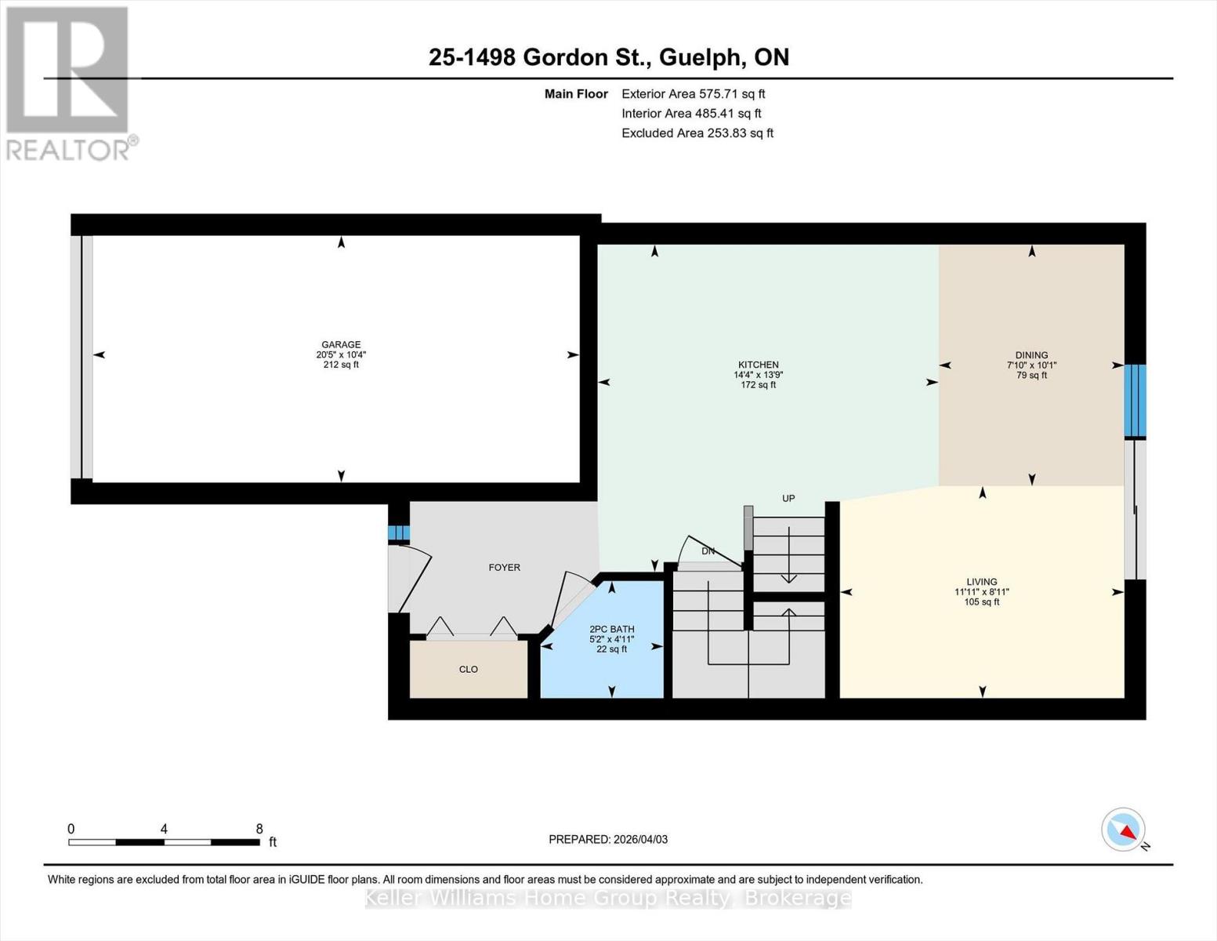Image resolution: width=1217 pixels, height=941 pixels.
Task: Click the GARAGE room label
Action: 341,344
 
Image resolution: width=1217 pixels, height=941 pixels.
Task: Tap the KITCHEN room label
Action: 758,365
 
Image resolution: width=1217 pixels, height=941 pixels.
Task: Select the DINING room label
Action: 1031,355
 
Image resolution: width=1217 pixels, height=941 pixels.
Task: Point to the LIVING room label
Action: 981,582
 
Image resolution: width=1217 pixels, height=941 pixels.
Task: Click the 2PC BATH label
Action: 611,629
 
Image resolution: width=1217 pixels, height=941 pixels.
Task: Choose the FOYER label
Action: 504,567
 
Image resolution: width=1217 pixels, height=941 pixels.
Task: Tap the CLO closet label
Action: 468,669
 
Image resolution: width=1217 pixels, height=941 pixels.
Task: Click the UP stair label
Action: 788,498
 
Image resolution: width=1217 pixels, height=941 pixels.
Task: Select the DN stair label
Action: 708,551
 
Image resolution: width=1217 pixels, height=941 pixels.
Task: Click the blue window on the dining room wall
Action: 1135,401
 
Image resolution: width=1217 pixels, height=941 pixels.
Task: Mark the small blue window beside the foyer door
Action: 399,533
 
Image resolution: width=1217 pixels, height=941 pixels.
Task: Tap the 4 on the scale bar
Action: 164,829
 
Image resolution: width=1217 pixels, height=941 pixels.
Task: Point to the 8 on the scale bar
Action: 259,829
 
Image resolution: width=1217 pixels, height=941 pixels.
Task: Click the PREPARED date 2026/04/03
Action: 607,839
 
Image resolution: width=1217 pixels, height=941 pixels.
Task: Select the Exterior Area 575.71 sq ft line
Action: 693,93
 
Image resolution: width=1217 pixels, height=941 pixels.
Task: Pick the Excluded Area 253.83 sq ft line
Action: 697,133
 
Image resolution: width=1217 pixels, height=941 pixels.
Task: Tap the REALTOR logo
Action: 69,82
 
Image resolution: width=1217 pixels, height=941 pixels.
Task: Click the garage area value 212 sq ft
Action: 341,365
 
